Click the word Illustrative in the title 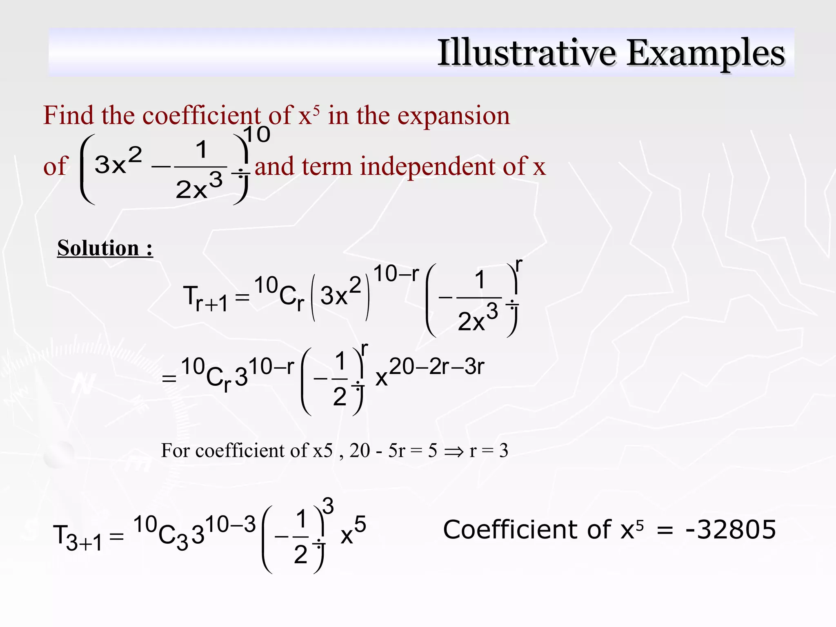click(527, 53)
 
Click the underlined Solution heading click(105, 248)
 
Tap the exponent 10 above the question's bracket click(257, 134)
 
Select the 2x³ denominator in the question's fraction click(199, 187)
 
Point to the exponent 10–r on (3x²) click(396, 273)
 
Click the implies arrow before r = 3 click(454, 451)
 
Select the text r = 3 click(489, 451)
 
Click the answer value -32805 click(730, 529)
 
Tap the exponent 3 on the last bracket click(328, 506)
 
